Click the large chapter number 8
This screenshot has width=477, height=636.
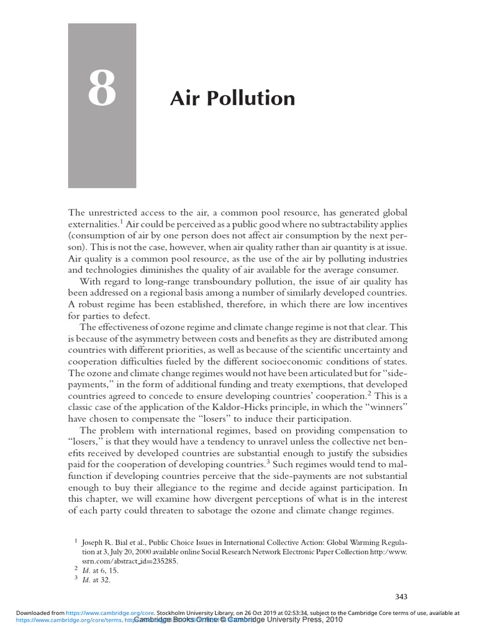click(102, 89)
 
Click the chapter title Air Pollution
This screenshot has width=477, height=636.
click(232, 98)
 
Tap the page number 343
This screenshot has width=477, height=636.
click(401, 597)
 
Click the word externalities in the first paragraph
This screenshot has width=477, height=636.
click(92, 224)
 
